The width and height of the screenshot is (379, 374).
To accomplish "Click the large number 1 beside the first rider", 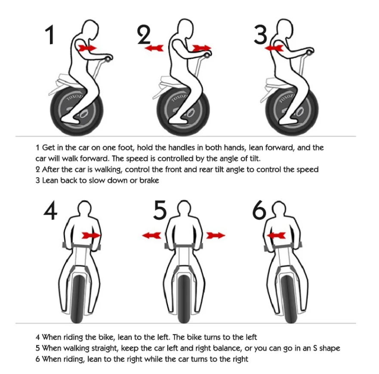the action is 50,35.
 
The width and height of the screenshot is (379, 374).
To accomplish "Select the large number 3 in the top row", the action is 260,35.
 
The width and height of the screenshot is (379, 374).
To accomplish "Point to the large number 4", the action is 50,210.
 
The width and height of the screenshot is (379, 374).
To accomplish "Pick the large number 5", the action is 160,210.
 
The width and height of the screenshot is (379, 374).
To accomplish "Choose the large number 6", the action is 259,210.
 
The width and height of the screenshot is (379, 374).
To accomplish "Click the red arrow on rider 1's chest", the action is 87,48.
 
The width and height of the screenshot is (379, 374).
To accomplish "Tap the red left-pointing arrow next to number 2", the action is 154,48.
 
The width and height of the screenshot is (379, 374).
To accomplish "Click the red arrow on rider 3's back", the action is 274,48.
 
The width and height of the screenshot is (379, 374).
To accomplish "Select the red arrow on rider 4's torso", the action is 91,235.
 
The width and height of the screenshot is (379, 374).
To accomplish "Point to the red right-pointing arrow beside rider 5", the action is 216,235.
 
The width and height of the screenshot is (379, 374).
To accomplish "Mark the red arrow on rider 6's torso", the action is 276,235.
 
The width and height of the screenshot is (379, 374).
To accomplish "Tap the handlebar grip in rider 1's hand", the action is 109,58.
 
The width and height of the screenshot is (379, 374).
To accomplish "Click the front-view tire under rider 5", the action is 184,298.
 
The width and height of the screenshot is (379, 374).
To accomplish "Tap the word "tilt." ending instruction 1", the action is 255,158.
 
